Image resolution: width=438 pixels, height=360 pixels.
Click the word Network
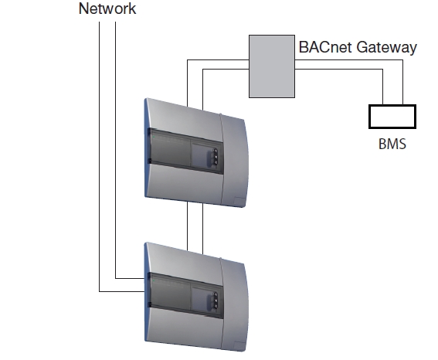tap(107, 8)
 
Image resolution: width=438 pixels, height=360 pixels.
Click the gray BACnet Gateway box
tap(272, 66)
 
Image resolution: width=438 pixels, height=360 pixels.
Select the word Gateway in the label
tap(387, 47)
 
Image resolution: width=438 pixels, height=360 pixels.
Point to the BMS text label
tap(392, 144)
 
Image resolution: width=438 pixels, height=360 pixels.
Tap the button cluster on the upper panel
tap(216, 157)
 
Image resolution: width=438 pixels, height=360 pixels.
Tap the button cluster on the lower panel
tap(216, 301)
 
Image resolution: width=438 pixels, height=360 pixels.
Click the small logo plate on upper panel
tap(239, 201)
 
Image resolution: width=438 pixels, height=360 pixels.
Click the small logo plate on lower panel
tap(239, 345)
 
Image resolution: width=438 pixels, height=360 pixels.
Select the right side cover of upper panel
tap(234, 161)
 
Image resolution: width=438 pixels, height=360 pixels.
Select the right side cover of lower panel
tap(234, 304)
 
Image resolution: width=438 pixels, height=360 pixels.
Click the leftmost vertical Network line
tap(99, 157)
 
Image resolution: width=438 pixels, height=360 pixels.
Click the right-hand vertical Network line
tap(115, 150)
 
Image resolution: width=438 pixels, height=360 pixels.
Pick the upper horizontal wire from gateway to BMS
tap(349, 59)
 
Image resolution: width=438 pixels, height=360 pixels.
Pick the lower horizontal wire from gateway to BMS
tap(339, 69)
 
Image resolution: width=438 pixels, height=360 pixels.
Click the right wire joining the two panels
tap(202, 229)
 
